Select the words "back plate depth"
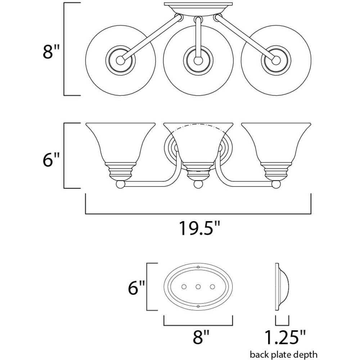coord(284,355)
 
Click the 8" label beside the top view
coord(51,51)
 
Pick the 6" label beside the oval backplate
coord(136,287)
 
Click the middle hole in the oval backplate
coord(198,287)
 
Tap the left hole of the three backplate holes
coord(184,287)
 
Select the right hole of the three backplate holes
coord(212,287)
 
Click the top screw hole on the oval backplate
coord(198,267)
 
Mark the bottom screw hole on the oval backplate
coord(198,306)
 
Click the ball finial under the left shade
coord(120,184)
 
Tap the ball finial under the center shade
coord(198,184)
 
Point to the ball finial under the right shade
coord(276,184)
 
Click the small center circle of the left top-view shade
coord(120,60)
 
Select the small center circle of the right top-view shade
coord(276,60)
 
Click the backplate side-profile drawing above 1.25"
coord(282,287)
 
